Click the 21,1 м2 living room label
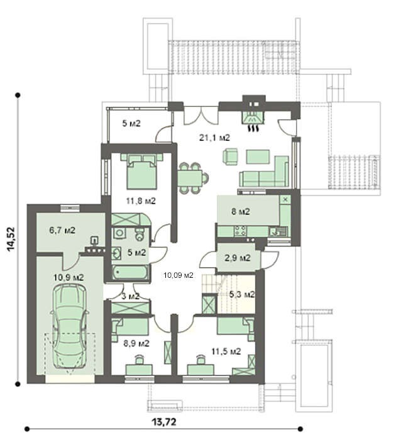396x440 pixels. pyautogui.click(x=214, y=138)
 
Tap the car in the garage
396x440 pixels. pyautogui.click(x=69, y=326)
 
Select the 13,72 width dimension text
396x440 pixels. pyautogui.click(x=164, y=422)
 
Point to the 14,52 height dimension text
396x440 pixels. pyautogui.click(x=11, y=239)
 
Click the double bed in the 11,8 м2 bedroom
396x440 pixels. pyautogui.click(x=141, y=171)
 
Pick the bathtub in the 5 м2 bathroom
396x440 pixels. pyautogui.click(x=130, y=272)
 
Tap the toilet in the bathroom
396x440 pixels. pyautogui.click(x=140, y=234)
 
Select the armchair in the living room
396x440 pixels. pyautogui.click(x=231, y=157)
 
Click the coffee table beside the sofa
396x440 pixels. pyautogui.click(x=258, y=157)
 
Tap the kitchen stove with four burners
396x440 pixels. pyautogui.click(x=241, y=231)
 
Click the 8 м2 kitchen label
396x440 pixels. pyautogui.click(x=241, y=211)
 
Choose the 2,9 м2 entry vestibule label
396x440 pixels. pyautogui.click(x=238, y=258)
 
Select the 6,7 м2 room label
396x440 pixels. pyautogui.click(x=62, y=231)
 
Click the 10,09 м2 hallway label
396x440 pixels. pyautogui.click(x=179, y=275)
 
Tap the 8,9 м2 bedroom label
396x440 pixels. pyautogui.click(x=136, y=343)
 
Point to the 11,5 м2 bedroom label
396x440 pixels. pyautogui.click(x=226, y=351)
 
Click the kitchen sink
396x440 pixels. pyautogui.click(x=278, y=231)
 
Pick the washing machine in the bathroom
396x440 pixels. pyautogui.click(x=119, y=233)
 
